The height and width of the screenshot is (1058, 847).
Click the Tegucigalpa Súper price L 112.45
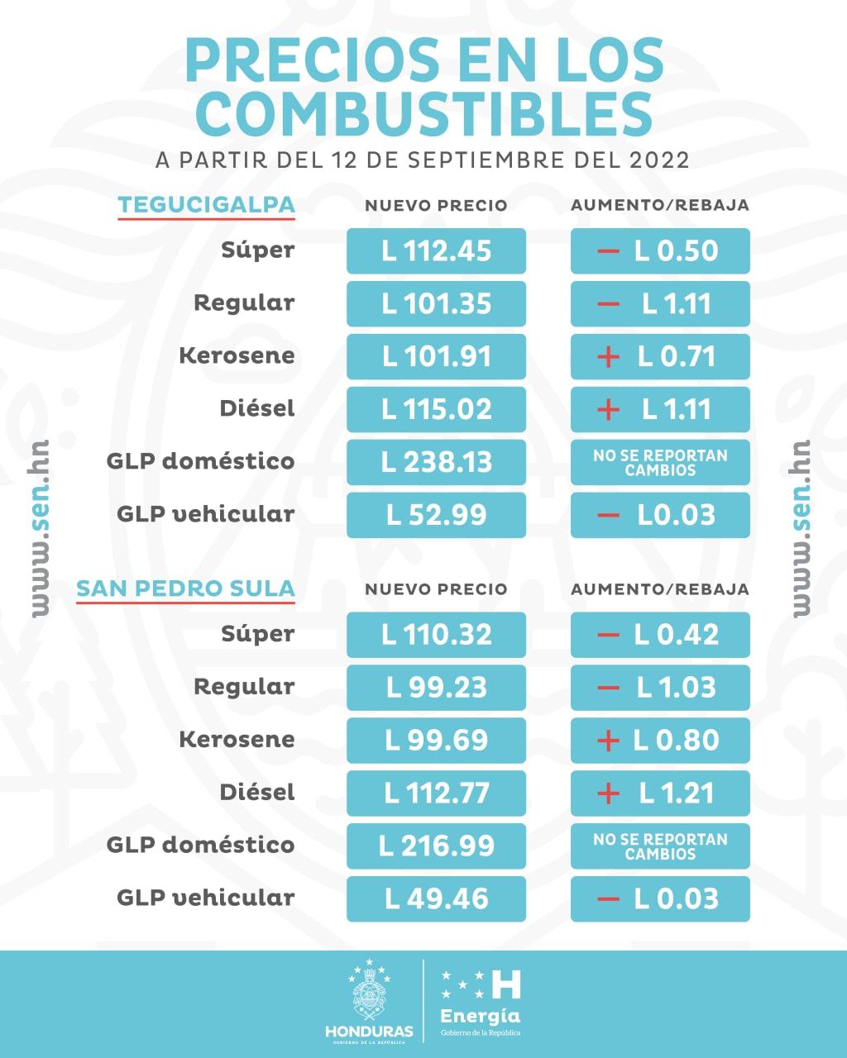coord(436,251)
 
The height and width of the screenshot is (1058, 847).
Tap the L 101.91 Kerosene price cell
coord(436,357)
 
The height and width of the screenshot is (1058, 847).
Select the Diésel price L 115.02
coord(436,410)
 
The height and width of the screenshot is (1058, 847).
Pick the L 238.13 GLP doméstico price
coord(436,462)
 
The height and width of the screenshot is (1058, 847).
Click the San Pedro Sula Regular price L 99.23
coord(436,688)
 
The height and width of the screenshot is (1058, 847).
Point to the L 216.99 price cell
coord(436,846)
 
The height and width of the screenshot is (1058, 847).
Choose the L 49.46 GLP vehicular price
coord(436,899)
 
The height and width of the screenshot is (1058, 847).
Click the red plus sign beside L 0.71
coord(608,357)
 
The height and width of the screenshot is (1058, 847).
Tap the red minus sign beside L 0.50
coord(608,251)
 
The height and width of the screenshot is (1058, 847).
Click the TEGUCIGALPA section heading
coord(206,205)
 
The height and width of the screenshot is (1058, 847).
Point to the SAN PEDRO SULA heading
coord(185,589)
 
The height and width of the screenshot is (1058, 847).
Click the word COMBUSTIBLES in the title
coord(423,114)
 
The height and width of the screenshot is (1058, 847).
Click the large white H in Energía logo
coord(506,984)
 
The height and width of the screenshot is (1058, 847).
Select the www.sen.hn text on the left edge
coord(40,529)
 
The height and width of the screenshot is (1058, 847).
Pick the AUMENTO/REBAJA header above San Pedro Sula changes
coord(660,589)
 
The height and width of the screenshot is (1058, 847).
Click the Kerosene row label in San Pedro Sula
coord(237,740)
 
